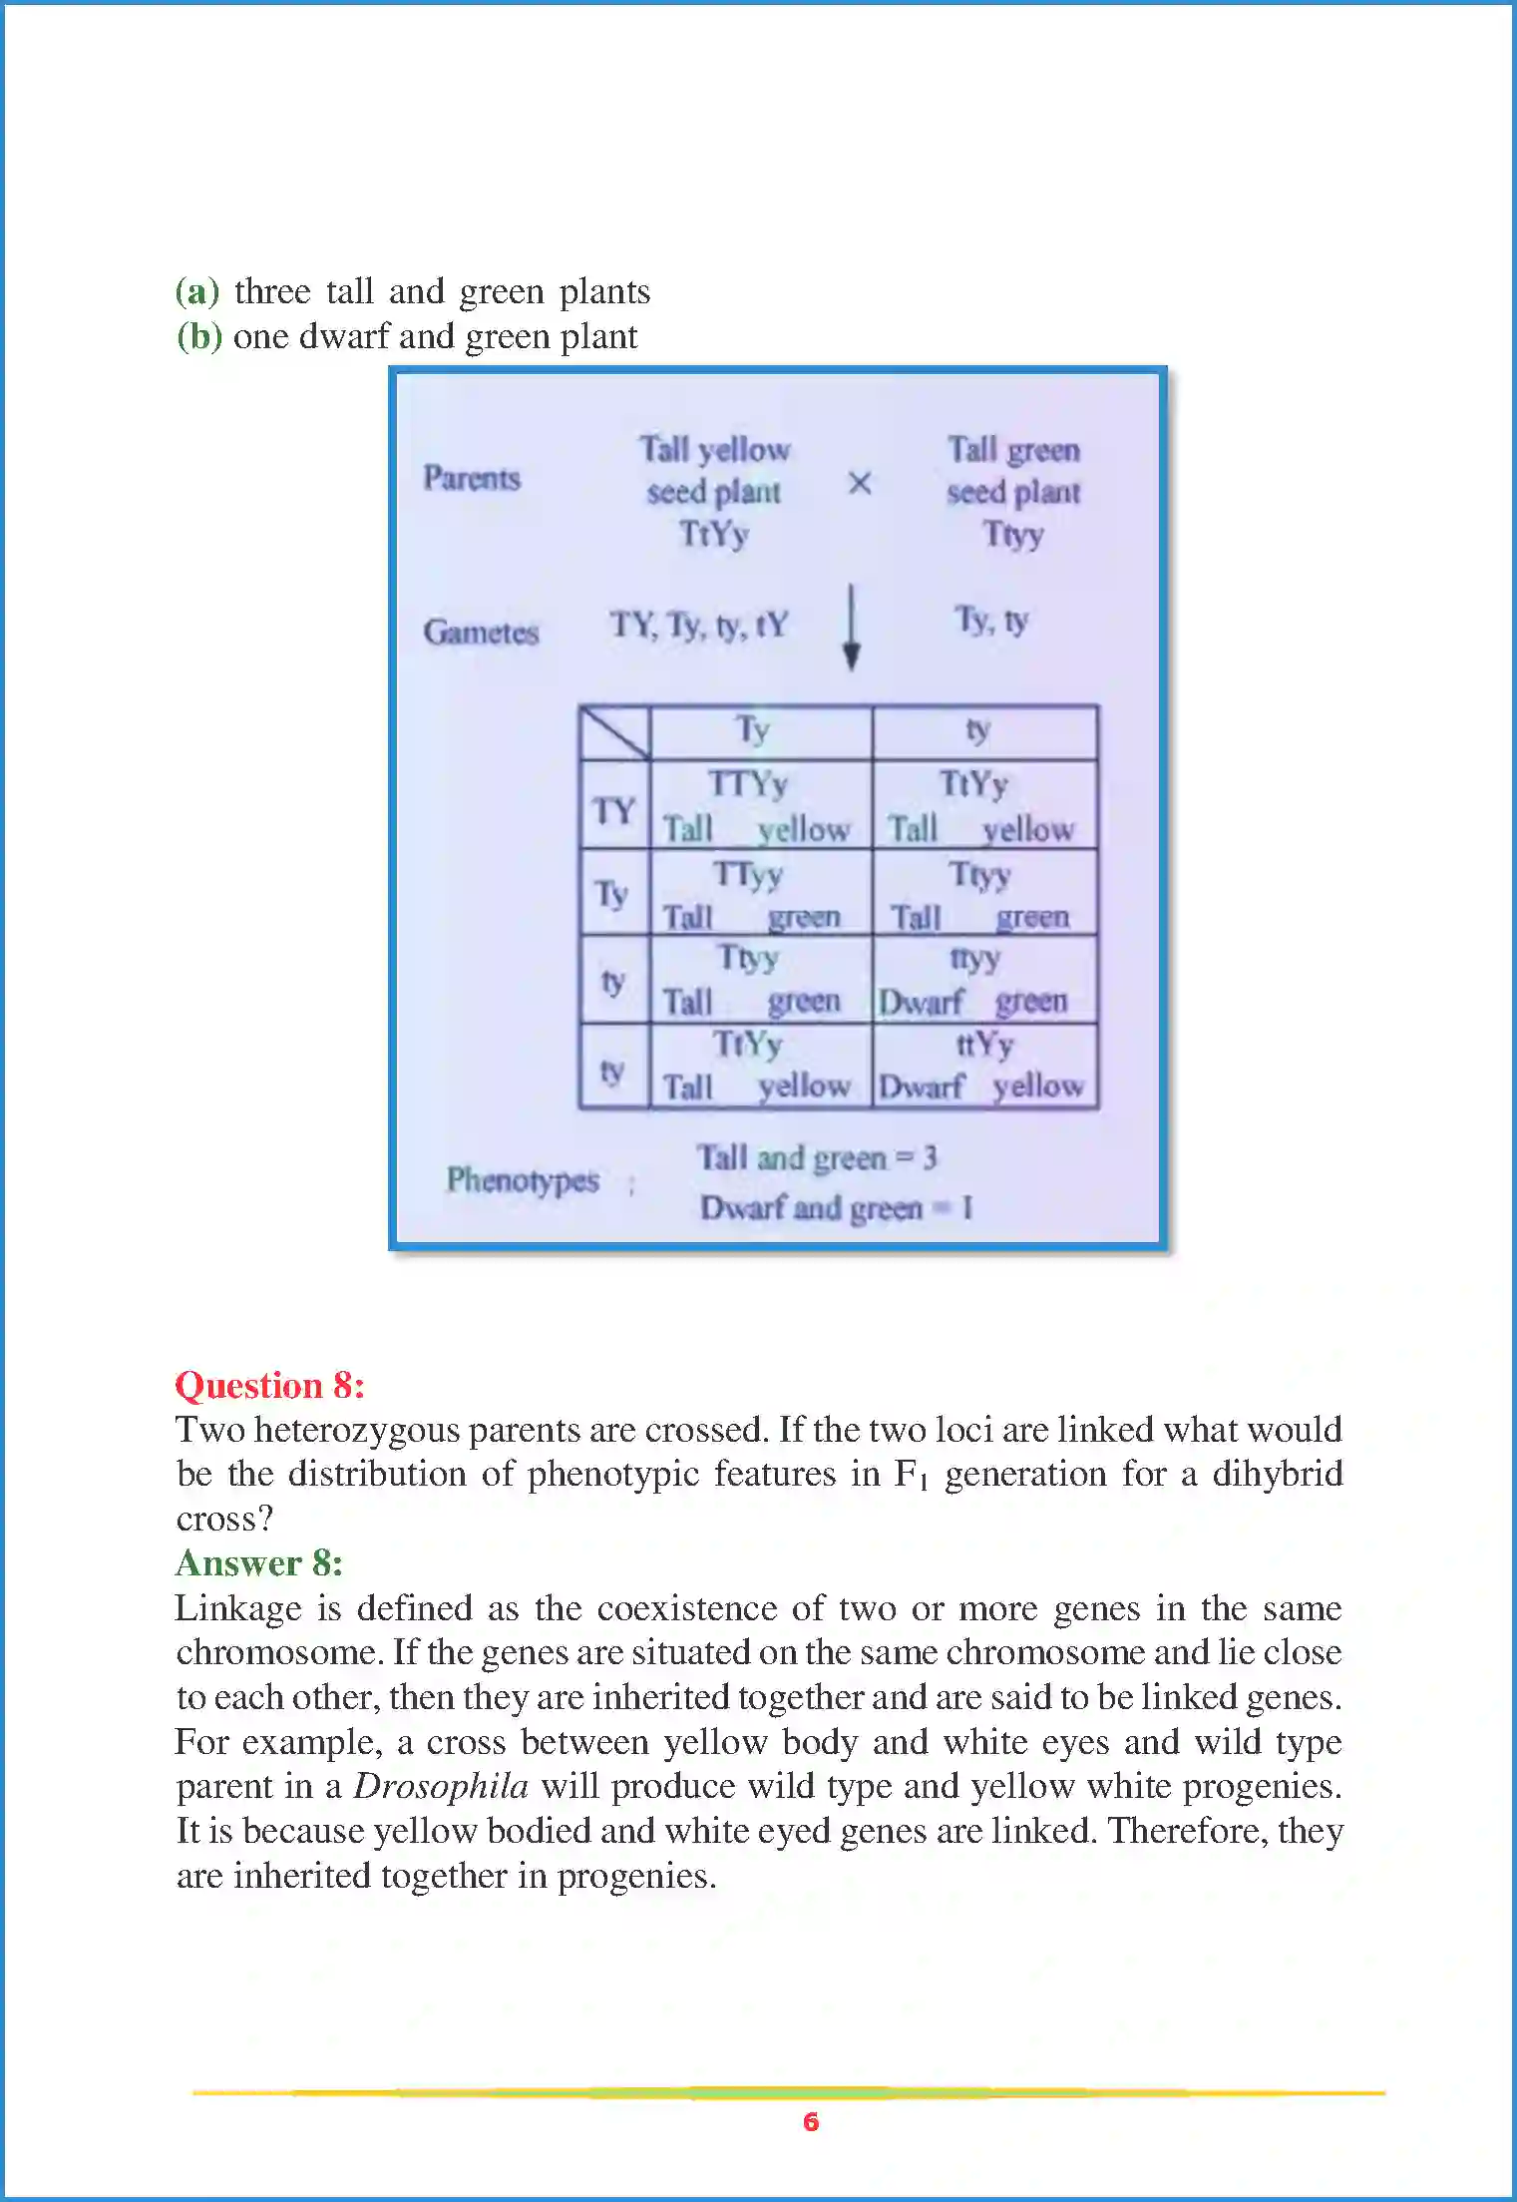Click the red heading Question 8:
269,1385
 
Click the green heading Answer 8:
259,1562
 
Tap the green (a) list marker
196,291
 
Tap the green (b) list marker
198,336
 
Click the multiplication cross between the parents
859,484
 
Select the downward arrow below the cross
851,628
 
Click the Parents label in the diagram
472,478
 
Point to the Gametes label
481,632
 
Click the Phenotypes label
522,1180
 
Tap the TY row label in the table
613,809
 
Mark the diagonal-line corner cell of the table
614,732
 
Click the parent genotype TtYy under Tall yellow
714,534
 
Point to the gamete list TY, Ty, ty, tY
699,626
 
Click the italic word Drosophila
441,1786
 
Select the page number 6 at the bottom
811,2121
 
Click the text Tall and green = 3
817,1158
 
